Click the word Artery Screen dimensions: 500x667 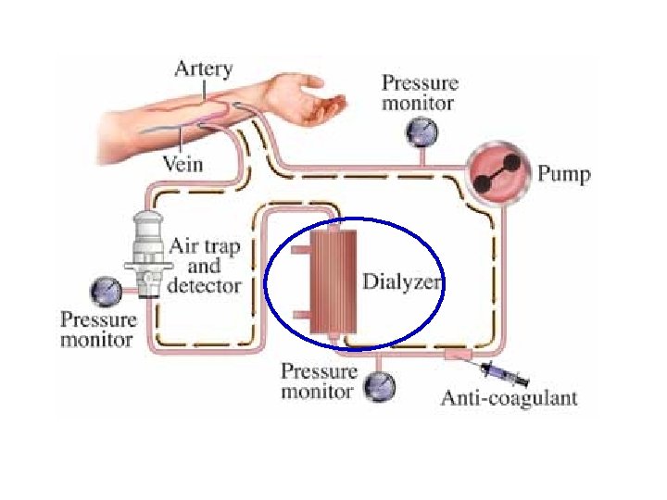[204, 69]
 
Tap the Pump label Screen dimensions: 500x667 [564, 173]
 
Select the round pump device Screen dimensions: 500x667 [499, 173]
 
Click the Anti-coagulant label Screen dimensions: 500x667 [509, 398]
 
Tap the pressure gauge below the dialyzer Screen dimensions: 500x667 [380, 385]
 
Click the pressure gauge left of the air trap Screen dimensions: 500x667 [104, 293]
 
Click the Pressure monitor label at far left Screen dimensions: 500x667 [98, 330]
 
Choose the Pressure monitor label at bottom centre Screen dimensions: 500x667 [319, 381]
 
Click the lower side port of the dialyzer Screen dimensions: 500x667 [300, 315]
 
